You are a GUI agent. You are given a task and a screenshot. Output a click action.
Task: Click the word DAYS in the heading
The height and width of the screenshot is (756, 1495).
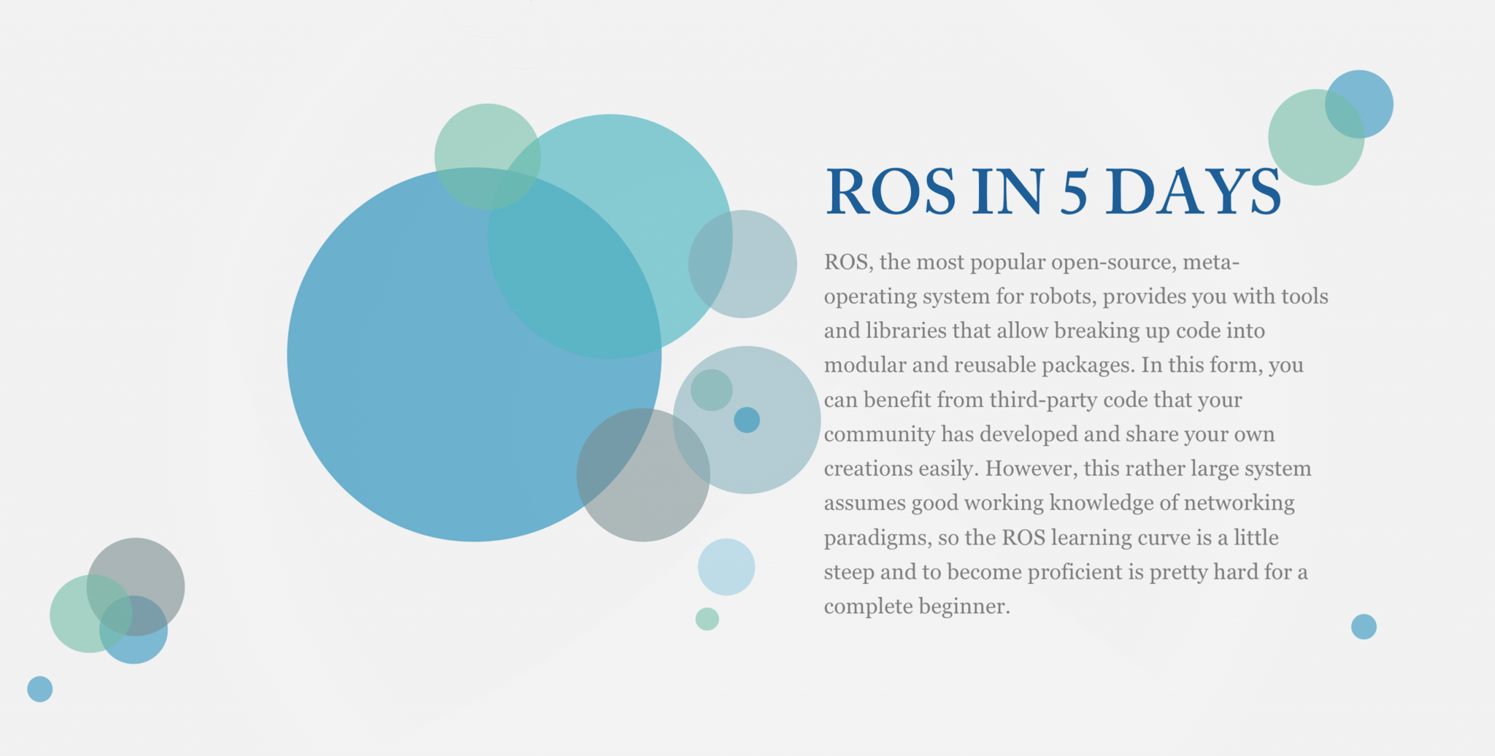click(1193, 191)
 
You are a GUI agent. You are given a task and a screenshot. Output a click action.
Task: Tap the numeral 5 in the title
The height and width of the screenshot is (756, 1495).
click(1074, 192)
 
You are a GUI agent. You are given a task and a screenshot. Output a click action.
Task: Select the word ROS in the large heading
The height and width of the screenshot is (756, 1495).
click(891, 191)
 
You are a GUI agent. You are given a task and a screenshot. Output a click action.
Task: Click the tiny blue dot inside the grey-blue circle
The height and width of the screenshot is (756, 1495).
click(747, 420)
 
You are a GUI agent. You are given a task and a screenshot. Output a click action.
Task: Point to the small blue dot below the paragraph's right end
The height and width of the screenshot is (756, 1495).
click(1364, 627)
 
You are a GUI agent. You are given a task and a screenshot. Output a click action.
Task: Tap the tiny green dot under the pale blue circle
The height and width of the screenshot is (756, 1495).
click(707, 619)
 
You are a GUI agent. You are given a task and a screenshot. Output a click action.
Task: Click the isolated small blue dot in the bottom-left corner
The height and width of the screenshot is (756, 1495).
click(40, 689)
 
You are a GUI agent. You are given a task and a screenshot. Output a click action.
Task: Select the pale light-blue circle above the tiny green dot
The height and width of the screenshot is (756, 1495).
click(726, 567)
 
